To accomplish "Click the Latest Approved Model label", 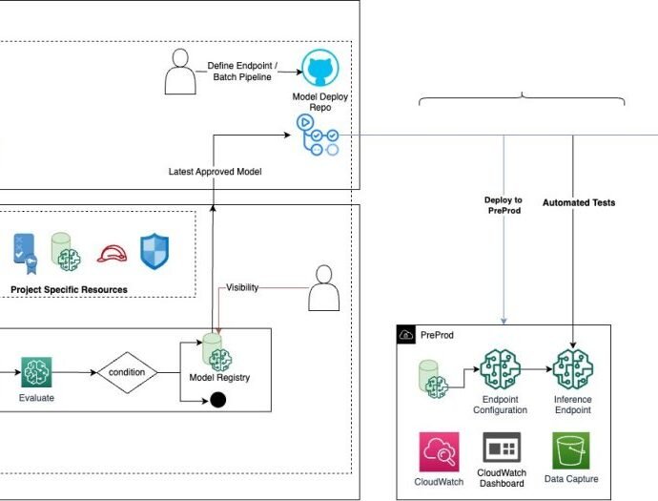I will [x=215, y=171].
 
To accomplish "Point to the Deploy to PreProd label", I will [x=503, y=206].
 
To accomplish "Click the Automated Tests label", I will [x=579, y=202].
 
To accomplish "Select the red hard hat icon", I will [x=113, y=252].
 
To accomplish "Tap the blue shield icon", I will [x=154, y=251].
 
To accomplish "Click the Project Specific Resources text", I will [x=69, y=289].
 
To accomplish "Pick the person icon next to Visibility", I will [x=325, y=287].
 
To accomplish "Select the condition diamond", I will [x=126, y=372].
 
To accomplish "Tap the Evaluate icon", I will [x=36, y=372].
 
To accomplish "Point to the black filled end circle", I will [x=217, y=400].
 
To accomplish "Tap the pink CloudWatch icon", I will [x=439, y=451].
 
